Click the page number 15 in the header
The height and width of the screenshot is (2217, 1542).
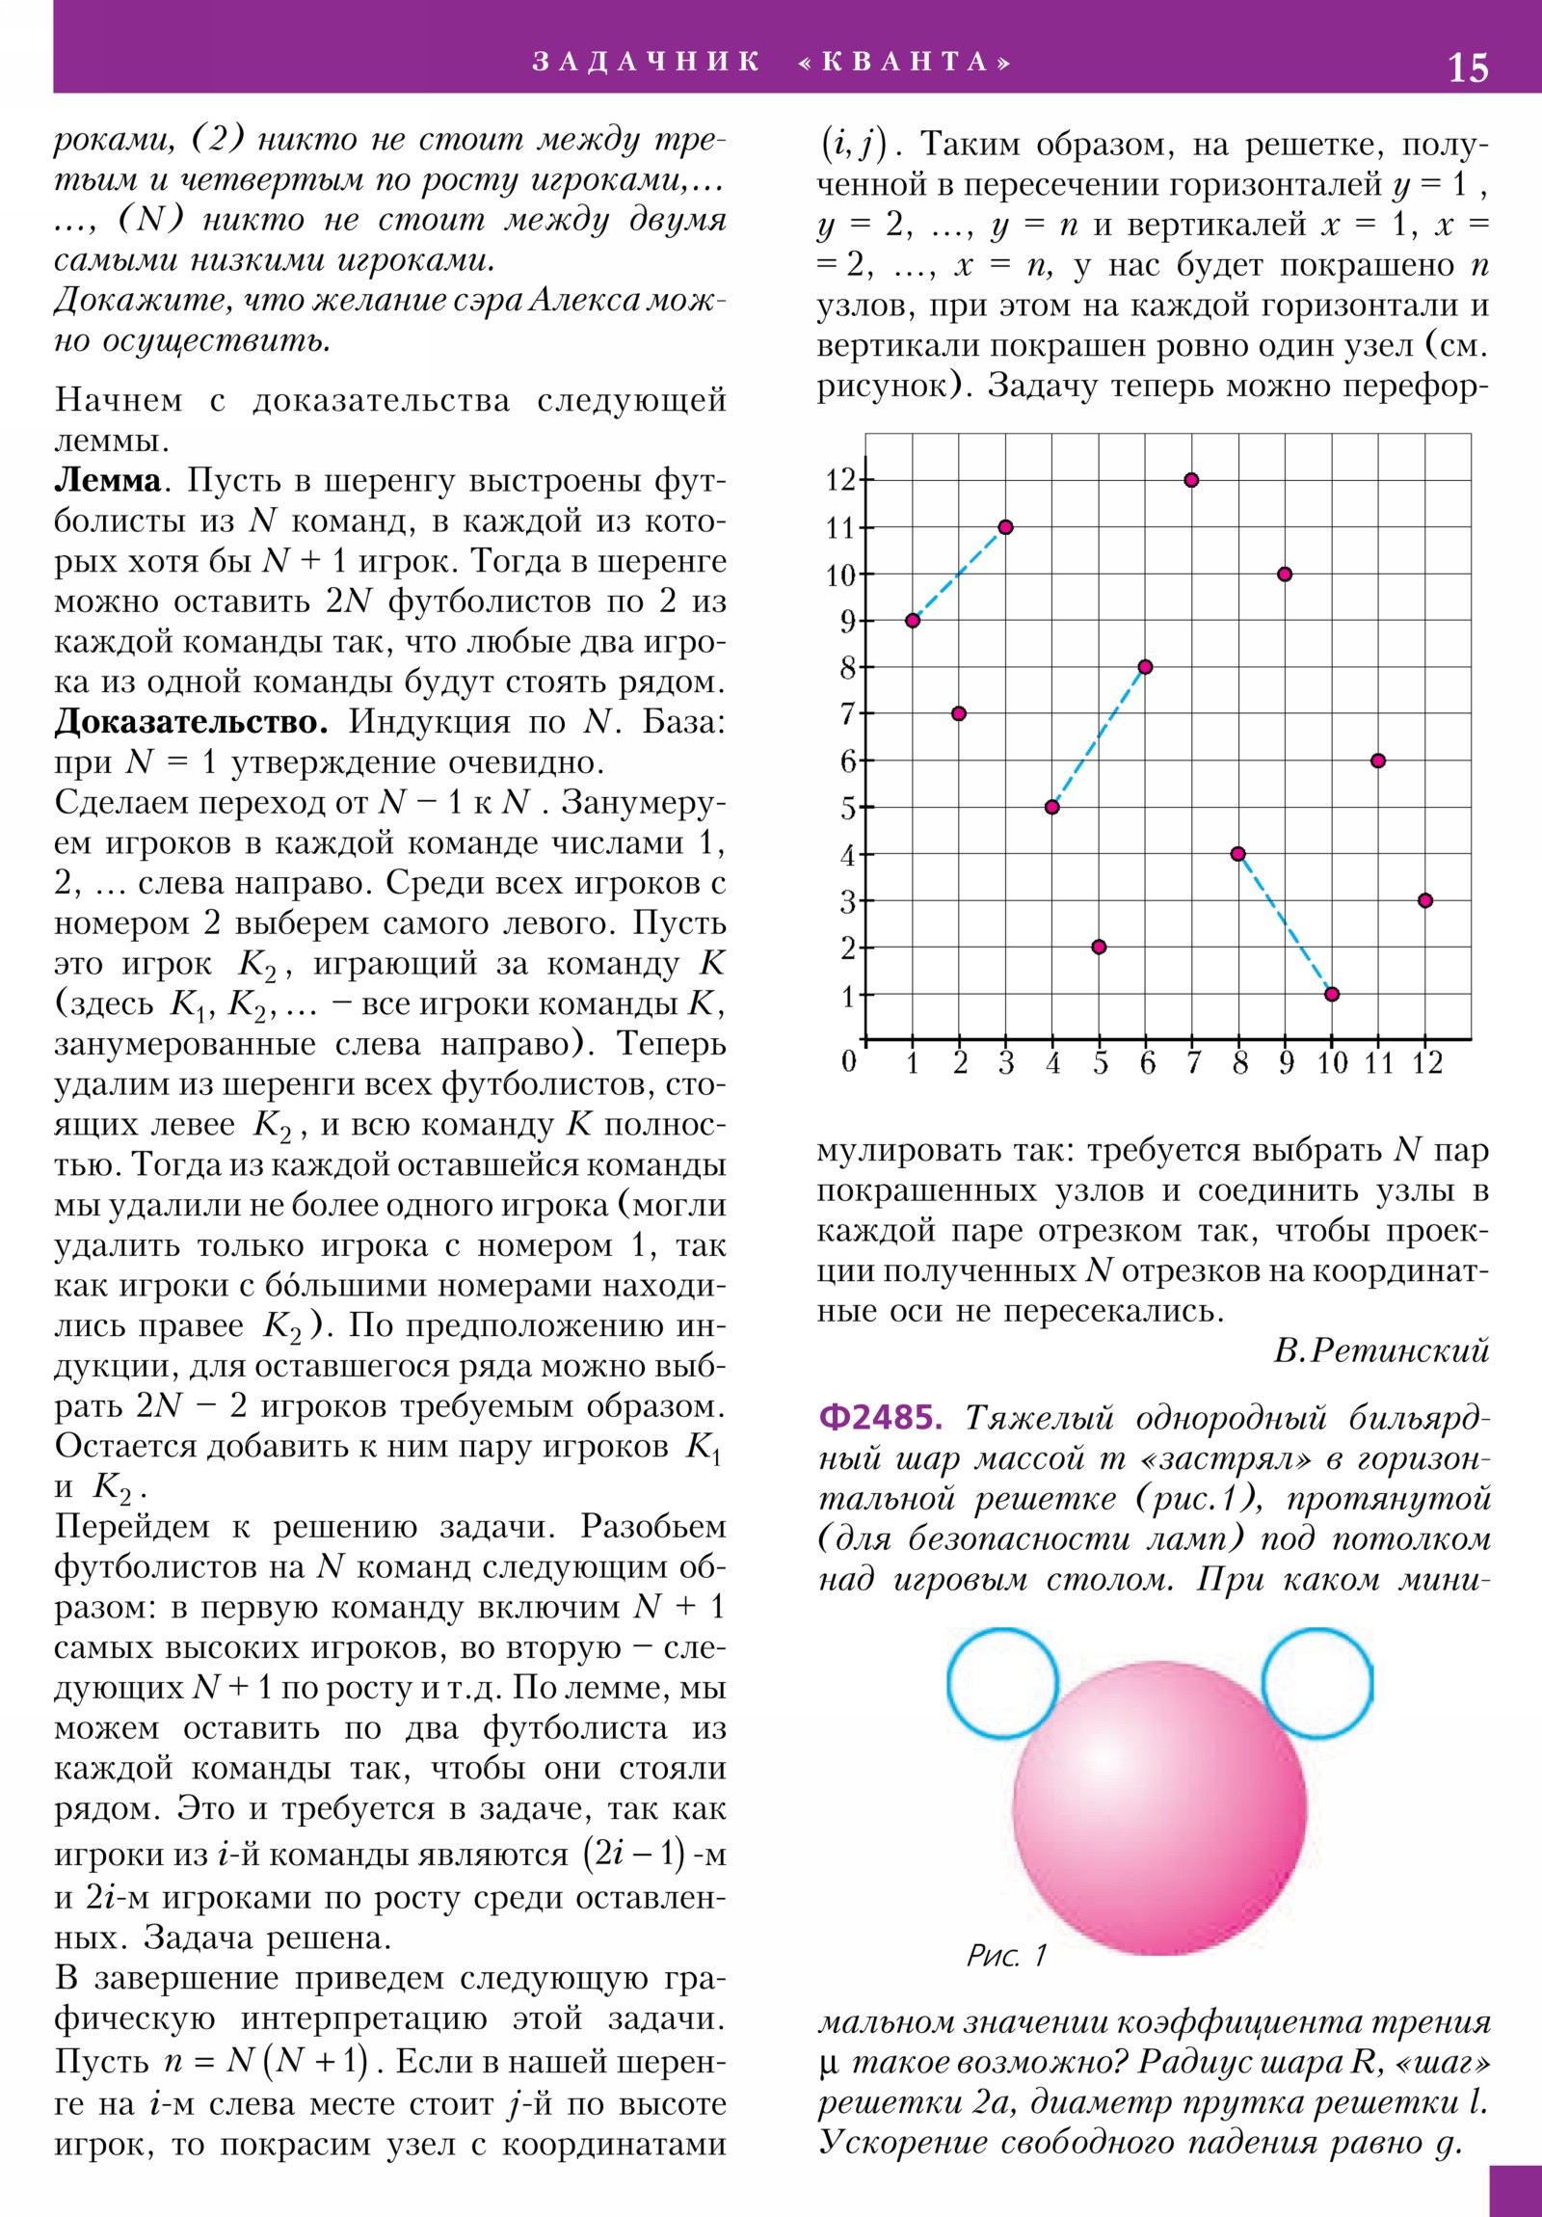tap(1468, 68)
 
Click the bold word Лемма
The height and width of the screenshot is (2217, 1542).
tap(107, 480)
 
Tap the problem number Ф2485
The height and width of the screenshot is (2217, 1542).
tap(880, 1418)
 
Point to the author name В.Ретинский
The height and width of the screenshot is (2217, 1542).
tap(1381, 1350)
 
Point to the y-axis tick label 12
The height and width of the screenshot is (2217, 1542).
tap(840, 480)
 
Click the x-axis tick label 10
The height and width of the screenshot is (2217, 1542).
tap(1333, 1063)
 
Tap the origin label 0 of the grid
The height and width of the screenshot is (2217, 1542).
tap(849, 1061)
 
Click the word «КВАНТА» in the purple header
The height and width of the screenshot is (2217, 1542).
tap(906, 62)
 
